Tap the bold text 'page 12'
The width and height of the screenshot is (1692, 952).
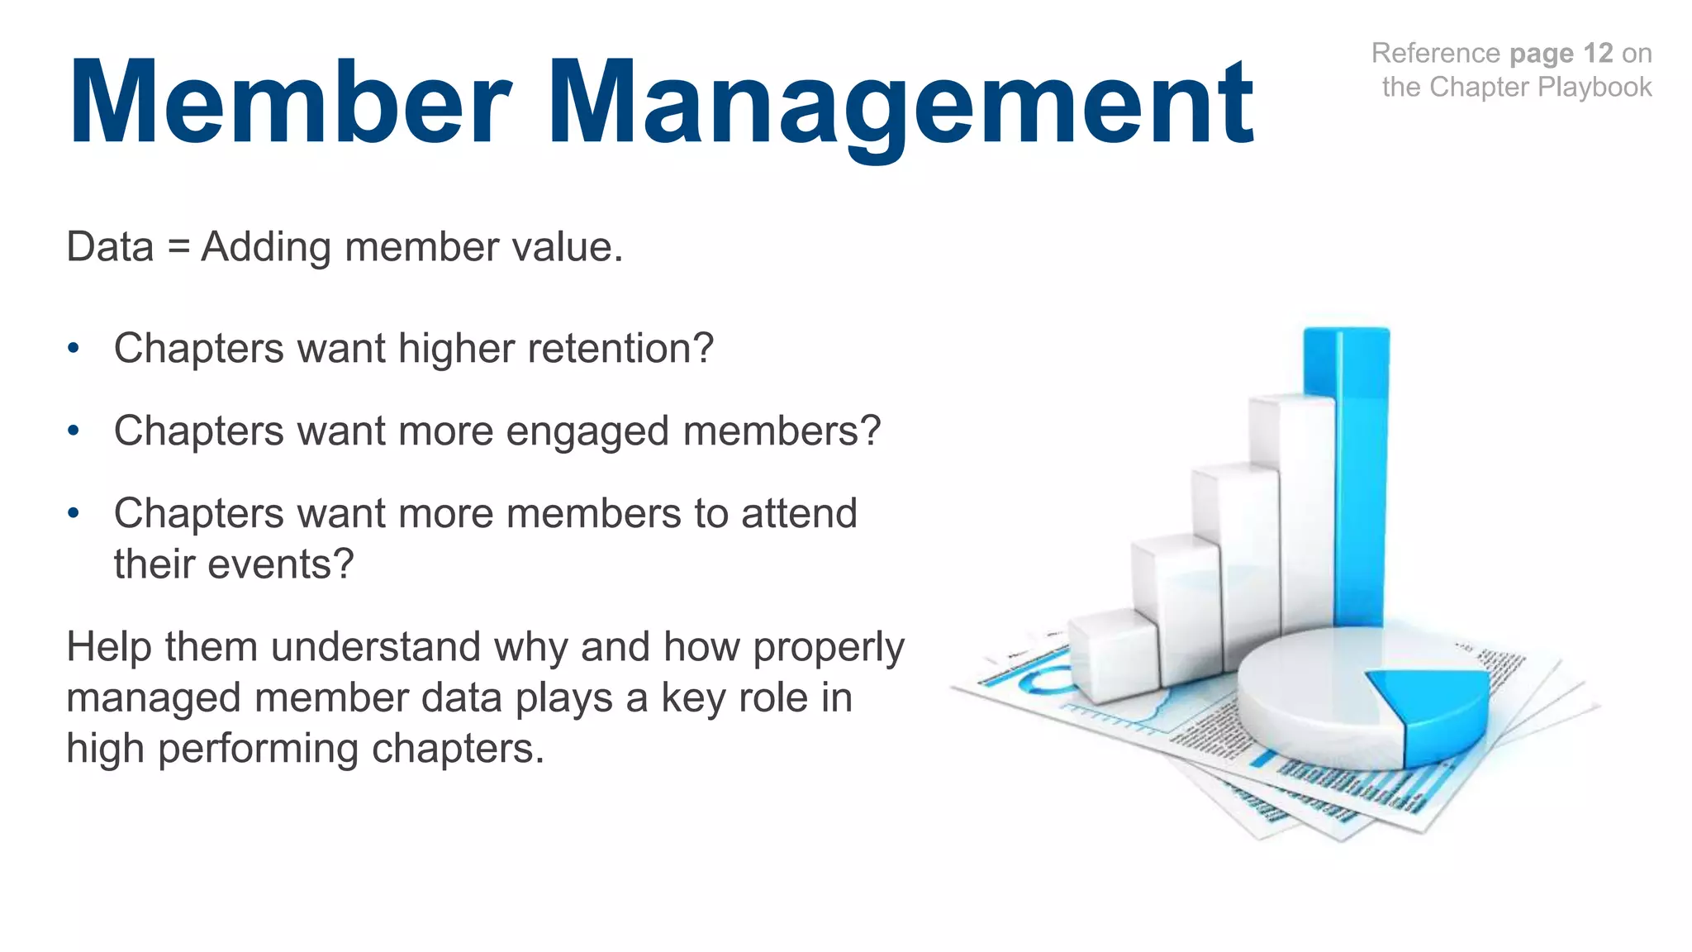click(1561, 54)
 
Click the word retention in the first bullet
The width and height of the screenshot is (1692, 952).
click(611, 348)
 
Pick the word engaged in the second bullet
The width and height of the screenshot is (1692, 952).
click(587, 431)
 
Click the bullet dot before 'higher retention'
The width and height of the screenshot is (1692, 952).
click(74, 349)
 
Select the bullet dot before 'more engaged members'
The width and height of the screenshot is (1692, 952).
click(74, 431)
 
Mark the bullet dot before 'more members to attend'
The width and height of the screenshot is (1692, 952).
click(74, 514)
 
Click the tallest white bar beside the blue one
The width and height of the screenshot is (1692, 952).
click(1293, 512)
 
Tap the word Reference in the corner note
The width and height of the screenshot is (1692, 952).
click(1435, 54)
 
